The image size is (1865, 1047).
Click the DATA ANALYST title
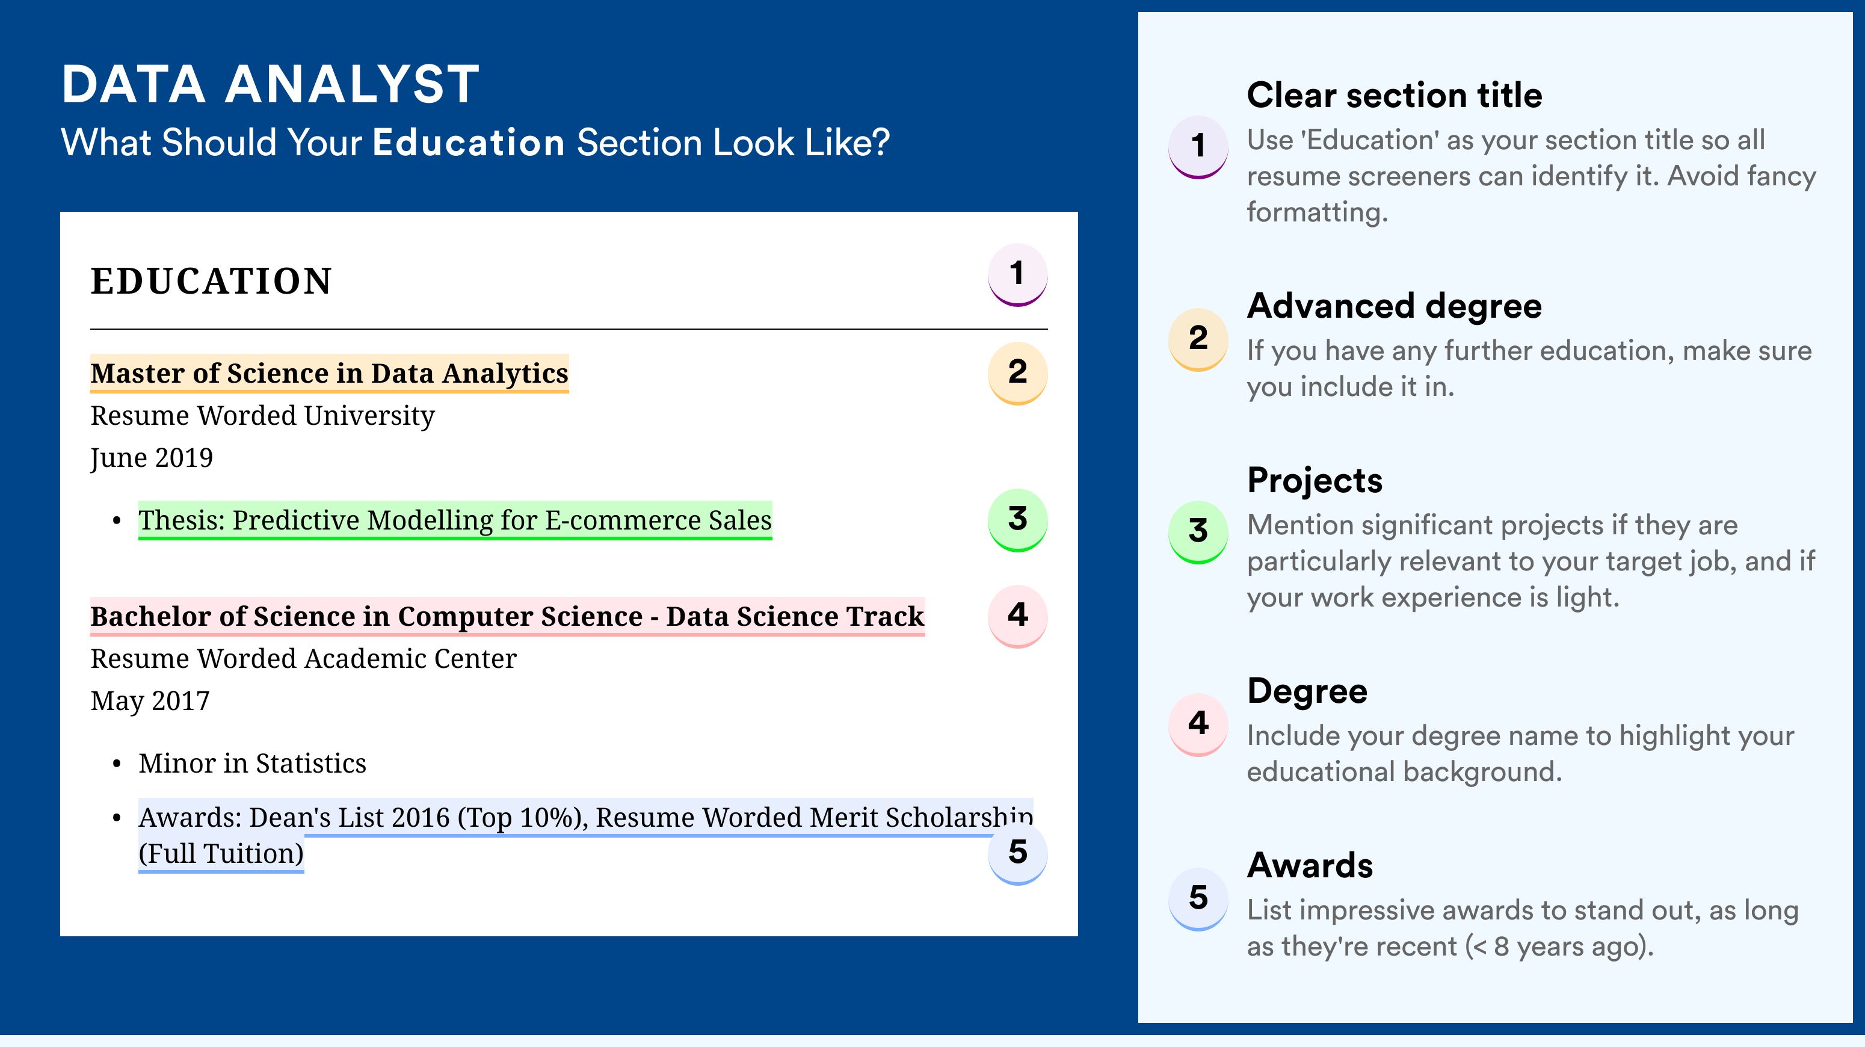[270, 85]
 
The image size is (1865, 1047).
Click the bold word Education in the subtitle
[469, 142]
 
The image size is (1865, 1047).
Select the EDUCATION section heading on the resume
[211, 281]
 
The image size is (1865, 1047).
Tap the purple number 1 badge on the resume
[1017, 274]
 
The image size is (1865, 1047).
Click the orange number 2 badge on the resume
[1017, 373]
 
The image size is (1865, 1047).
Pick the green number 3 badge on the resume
[1017, 520]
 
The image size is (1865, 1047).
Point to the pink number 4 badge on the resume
[1017, 616]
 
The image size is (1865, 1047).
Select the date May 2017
[150, 701]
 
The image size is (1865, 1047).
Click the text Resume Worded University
[262, 416]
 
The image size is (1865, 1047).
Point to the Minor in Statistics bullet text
[252, 763]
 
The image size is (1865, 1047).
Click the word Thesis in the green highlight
[182, 520]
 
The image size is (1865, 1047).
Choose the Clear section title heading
[1395, 95]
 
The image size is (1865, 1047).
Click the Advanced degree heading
[1395, 306]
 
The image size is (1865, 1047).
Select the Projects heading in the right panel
[1315, 480]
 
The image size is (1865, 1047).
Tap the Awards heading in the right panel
[1310, 865]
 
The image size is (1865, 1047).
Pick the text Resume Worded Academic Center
[303, 659]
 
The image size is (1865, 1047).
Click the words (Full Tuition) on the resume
[221, 854]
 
